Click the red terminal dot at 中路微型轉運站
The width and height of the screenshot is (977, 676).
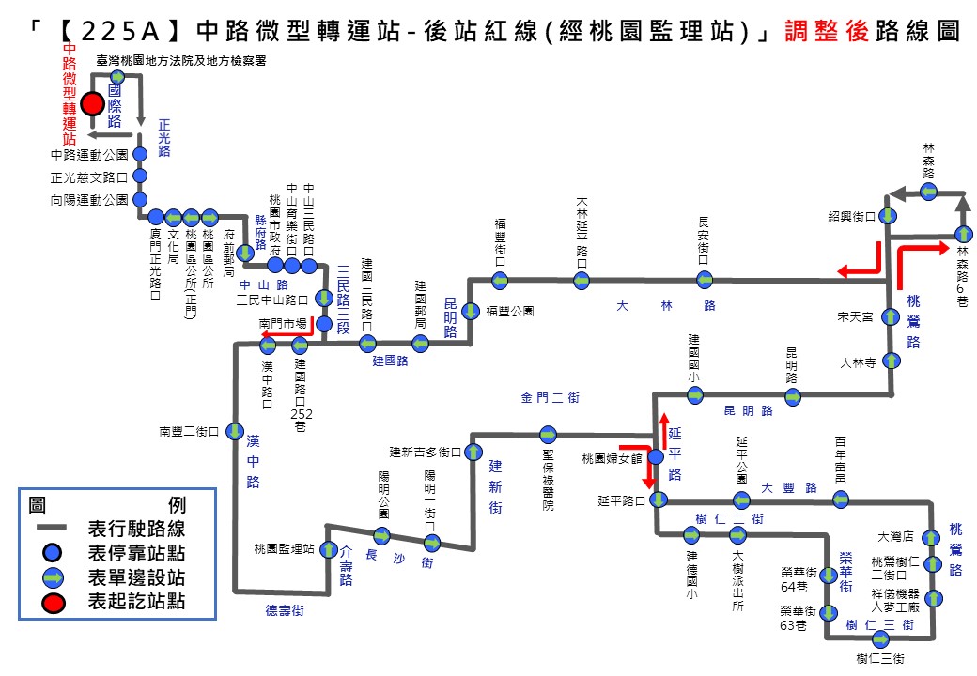pos(92,103)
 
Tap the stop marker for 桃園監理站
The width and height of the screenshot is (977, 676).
pos(330,548)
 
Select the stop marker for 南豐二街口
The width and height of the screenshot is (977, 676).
pos(236,432)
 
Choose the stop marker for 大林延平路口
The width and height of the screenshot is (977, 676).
pos(582,280)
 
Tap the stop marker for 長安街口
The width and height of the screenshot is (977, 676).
pos(705,279)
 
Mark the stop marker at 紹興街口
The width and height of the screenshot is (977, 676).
pos(887,216)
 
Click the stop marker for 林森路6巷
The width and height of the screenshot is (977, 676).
pos(962,234)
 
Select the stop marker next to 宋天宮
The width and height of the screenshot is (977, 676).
pos(889,317)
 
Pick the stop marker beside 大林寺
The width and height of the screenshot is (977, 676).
pos(889,361)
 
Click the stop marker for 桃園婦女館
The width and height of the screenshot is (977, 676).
pos(656,457)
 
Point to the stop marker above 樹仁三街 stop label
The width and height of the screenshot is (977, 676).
pos(881,638)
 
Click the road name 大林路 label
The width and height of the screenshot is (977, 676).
pos(666,306)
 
